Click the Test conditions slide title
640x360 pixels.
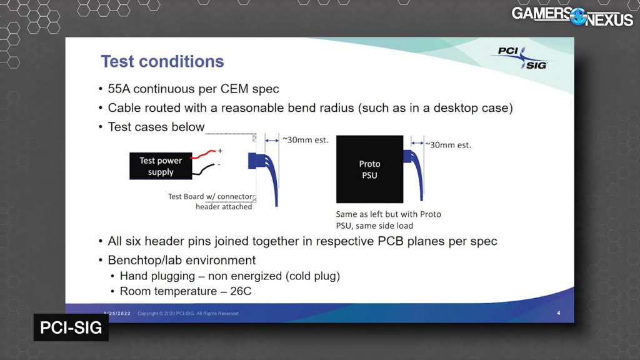pos(162,62)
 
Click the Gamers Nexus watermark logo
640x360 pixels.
pos(572,17)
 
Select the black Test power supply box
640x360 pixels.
pos(161,166)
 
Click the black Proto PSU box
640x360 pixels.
pos(369,169)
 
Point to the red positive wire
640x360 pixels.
pos(203,154)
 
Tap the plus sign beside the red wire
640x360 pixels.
pos(220,151)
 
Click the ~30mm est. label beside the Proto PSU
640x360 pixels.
pos(448,145)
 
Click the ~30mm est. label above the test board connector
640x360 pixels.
pos(305,140)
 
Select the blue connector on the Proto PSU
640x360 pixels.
pos(407,156)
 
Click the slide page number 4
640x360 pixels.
pos(559,313)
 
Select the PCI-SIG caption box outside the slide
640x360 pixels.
pos(71,327)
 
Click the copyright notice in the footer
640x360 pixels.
pos(189,314)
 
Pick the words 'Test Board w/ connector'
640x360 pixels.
pos(210,196)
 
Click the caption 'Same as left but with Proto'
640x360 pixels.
pos(389,214)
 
